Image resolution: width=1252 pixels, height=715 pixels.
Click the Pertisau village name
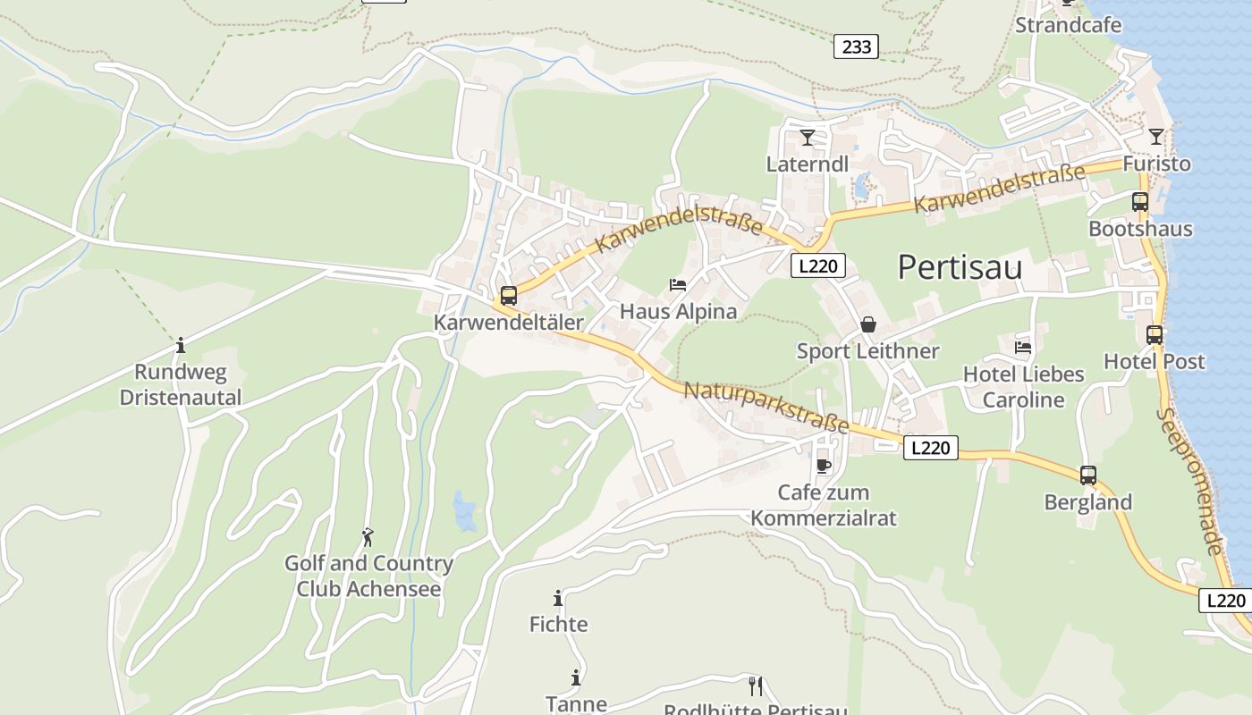(x=960, y=267)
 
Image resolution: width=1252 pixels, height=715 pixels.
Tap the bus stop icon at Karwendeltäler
(x=508, y=296)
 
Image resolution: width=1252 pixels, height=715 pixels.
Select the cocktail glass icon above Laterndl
(x=808, y=138)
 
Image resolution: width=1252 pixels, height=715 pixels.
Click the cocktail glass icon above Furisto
(x=1156, y=137)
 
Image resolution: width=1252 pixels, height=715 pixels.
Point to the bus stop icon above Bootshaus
(x=1139, y=202)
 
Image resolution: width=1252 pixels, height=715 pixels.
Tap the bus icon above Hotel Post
(x=1155, y=335)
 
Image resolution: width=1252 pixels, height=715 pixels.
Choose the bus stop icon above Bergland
(x=1087, y=475)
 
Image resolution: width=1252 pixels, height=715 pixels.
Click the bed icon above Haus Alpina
(x=678, y=285)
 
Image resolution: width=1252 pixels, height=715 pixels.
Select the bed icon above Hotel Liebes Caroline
(x=1023, y=347)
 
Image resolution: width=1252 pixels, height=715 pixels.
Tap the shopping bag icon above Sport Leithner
(x=867, y=324)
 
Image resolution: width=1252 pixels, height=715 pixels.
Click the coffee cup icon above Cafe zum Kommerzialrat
(x=824, y=466)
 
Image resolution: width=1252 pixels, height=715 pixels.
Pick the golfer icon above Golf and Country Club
(x=367, y=537)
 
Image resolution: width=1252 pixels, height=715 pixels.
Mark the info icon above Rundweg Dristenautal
(x=181, y=345)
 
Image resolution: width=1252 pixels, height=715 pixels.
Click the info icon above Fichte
(x=558, y=598)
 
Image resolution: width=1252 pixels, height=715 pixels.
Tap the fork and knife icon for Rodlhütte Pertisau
(x=756, y=686)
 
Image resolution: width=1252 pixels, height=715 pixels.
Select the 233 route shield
(x=856, y=46)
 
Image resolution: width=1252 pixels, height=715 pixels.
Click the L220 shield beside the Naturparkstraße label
(x=930, y=448)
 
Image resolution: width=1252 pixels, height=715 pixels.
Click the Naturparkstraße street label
(x=766, y=408)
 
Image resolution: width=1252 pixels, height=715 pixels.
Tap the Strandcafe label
(x=1068, y=25)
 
